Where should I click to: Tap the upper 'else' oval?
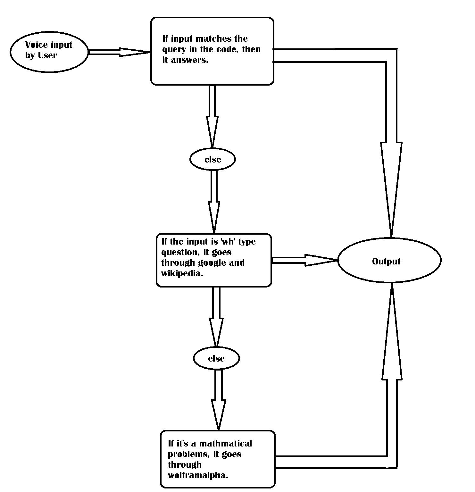pyautogui.click(x=213, y=159)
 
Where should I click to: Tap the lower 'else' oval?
pyautogui.click(x=216, y=358)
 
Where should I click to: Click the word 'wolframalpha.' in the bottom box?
pyautogui.click(x=198, y=475)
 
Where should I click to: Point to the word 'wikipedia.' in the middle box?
pyautogui.click(x=182, y=273)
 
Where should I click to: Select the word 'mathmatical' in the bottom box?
pyautogui.click(x=225, y=444)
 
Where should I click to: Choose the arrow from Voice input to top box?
pyautogui.click(x=119, y=52)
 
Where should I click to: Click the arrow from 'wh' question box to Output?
pyautogui.click(x=304, y=260)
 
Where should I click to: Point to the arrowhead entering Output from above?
pyautogui.click(x=391, y=189)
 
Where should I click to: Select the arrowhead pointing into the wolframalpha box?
pyautogui.click(x=218, y=415)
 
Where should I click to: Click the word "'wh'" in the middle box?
pyautogui.click(x=227, y=241)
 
